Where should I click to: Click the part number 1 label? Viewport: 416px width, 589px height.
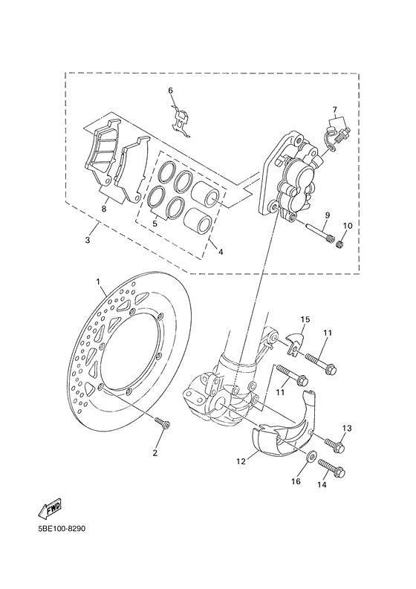click(97, 282)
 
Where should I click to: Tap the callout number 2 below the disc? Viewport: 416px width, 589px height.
click(156, 452)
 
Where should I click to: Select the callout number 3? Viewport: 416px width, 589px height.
click(88, 241)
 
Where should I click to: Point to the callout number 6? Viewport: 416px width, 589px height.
click(169, 91)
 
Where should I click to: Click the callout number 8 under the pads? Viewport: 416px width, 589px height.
click(104, 209)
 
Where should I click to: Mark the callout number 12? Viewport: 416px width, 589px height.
click(241, 461)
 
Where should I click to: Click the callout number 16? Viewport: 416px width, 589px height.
click(295, 481)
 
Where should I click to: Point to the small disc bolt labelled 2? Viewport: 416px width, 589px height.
click(163, 425)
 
